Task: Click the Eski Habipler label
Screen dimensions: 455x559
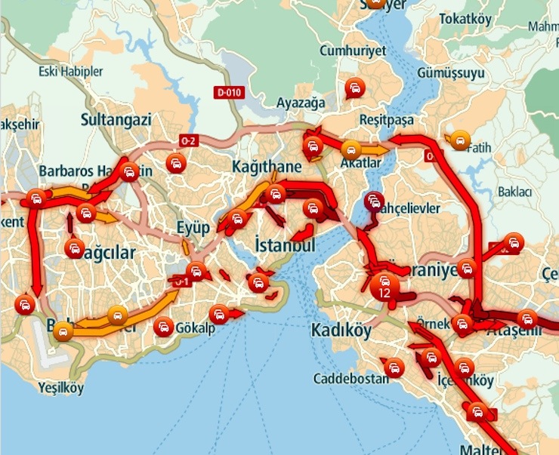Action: (x=70, y=72)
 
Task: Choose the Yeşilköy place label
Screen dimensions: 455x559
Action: (x=61, y=389)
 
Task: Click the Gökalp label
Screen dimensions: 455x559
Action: (x=197, y=330)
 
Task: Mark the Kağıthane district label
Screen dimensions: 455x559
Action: (x=267, y=166)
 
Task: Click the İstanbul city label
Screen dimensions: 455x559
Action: (x=285, y=246)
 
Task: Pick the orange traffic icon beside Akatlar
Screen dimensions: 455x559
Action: (x=351, y=149)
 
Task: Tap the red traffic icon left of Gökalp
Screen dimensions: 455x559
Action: (x=162, y=327)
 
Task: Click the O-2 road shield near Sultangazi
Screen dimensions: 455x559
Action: (x=188, y=141)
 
